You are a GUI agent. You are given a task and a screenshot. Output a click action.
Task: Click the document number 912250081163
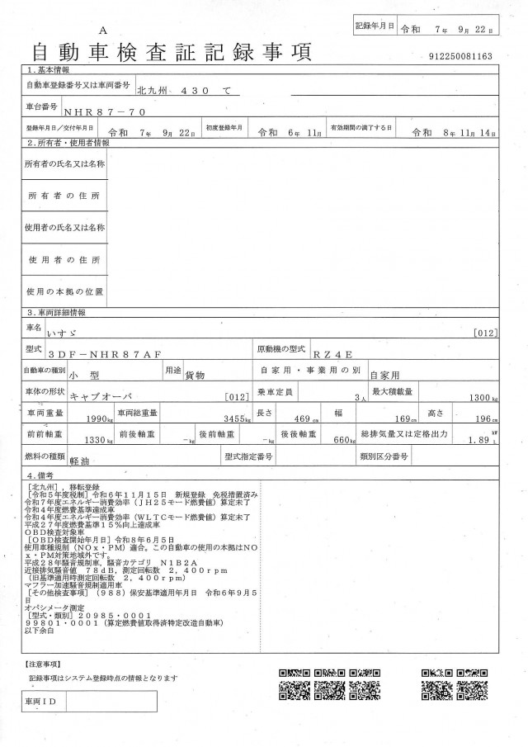(x=461, y=56)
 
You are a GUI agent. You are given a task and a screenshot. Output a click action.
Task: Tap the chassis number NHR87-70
(x=98, y=109)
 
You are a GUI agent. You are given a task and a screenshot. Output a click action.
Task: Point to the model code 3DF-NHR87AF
(x=115, y=354)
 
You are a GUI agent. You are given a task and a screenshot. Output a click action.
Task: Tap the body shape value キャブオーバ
(x=101, y=397)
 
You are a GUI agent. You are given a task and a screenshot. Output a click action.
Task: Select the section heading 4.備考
(x=42, y=476)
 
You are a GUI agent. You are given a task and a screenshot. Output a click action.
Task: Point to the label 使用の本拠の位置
(x=64, y=291)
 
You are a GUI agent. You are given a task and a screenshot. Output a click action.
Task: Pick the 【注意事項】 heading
(x=41, y=663)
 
